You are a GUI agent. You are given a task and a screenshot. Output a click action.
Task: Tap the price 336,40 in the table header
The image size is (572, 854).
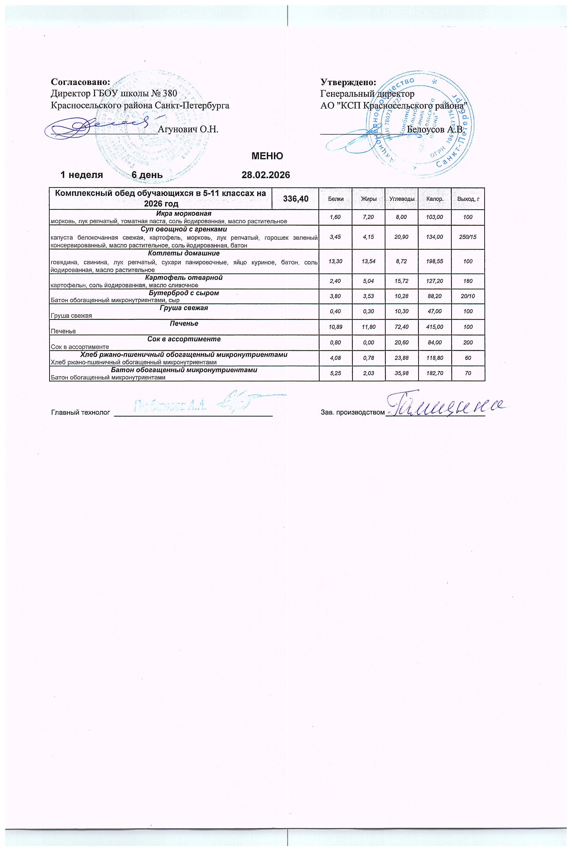coord(296,199)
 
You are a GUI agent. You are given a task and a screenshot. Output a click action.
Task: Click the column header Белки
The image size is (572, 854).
coord(336,199)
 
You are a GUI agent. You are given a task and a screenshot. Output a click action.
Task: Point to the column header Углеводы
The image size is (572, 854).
coord(402,199)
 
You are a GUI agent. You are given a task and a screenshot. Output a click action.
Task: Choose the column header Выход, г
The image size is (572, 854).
coord(468,199)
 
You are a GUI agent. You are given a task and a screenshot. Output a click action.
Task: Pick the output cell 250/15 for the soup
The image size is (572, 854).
coord(468,237)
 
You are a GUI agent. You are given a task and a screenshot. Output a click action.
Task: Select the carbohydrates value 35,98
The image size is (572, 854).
coord(401,373)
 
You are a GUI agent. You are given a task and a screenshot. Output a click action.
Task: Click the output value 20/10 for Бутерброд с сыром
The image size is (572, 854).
coord(468,296)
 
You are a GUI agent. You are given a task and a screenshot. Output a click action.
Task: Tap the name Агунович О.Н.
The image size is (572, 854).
coord(188,129)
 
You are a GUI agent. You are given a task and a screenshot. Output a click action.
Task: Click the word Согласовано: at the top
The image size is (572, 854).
coord(81,82)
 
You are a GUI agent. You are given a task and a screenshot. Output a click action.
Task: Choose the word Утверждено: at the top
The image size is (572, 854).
coord(348,82)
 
